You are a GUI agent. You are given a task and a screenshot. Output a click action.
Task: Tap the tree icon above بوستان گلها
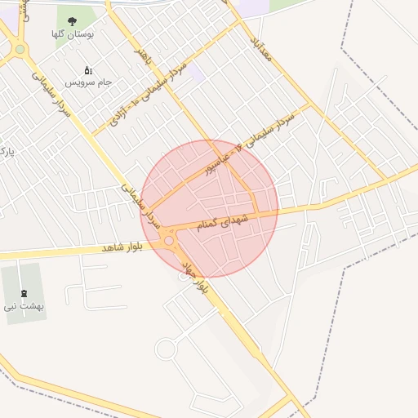pyautogui.click(x=73, y=22)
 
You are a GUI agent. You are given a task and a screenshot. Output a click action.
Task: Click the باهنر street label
pyautogui.click(x=143, y=56)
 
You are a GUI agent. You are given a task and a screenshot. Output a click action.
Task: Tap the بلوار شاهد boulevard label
pyautogui.click(x=122, y=247)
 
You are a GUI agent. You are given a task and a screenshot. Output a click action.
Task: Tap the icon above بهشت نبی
pyautogui.click(x=21, y=292)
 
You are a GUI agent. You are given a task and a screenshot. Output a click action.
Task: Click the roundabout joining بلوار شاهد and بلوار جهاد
pyautogui.click(x=170, y=240)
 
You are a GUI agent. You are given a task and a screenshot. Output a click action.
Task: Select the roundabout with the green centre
pyautogui.click(x=20, y=49)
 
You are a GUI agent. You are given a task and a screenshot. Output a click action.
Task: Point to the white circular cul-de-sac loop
pyautogui.click(x=166, y=349)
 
